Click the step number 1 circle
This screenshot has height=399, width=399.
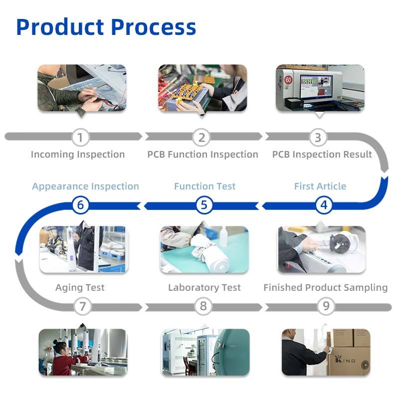pos(80,137)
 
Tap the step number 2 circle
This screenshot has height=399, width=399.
pos(202,137)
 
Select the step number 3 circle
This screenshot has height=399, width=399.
pos(318,137)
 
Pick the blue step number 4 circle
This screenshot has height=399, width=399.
pos(324,204)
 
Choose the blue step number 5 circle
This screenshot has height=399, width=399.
pos(204,204)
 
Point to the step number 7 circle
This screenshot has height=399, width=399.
pos(82,306)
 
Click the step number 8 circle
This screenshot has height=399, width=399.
pos(203,306)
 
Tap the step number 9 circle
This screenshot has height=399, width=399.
pos(326,306)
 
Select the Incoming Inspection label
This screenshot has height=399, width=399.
pos(78,155)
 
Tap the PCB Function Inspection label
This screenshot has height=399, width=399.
pos(202,155)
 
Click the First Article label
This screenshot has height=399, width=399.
pos(320,187)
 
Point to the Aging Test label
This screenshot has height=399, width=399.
pos(80,288)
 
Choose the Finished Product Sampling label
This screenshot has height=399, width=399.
pos(325,288)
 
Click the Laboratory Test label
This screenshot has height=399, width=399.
pos(204,288)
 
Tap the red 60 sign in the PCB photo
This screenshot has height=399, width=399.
pos(288,80)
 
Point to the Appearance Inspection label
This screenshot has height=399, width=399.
pos(85,187)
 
